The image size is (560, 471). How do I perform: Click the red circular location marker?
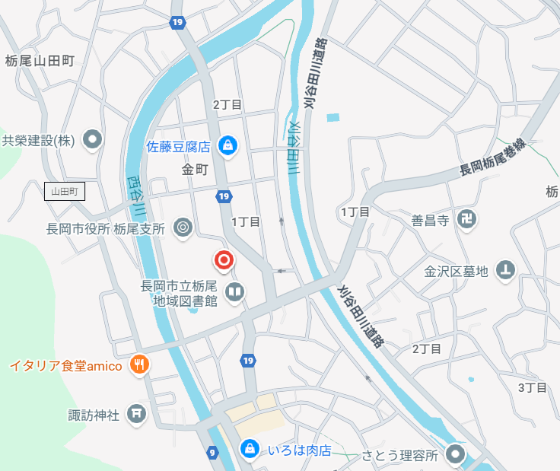224,261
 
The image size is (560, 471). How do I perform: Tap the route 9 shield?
211,453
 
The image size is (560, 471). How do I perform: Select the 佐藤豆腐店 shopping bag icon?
227,145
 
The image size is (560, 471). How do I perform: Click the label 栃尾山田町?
39,61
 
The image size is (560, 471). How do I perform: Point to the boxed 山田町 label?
64,191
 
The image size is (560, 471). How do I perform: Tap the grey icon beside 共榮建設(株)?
93,139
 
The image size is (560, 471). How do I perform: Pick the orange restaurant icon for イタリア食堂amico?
138,365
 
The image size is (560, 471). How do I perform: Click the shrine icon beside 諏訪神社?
136,415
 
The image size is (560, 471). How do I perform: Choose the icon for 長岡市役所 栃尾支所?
183,228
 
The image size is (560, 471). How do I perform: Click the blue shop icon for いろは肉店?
249,450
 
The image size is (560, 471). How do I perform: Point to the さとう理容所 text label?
399,455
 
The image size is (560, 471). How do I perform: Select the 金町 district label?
195,170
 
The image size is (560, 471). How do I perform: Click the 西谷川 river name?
135,197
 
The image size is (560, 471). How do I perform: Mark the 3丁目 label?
533,387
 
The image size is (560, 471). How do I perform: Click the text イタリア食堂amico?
65,366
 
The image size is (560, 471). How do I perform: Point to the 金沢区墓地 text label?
456,270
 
